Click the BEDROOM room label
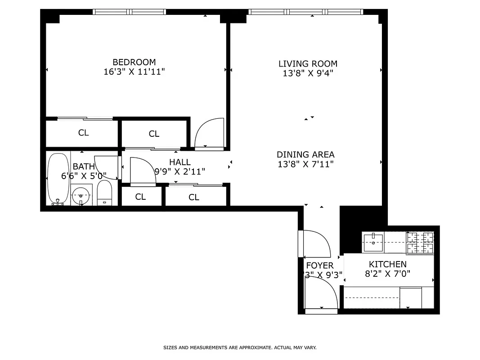pos(134,62)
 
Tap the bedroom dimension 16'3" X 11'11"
pos(134,72)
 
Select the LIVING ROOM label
pos(308,64)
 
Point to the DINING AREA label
pos(305,154)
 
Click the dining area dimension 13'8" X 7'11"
pos(305,164)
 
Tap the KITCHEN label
pos(387,264)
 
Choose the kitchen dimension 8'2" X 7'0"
pos(387,274)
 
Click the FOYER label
pos(319,265)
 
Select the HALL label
pos(179,162)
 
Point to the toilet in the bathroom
pos(104,193)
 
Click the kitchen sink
pos(373,243)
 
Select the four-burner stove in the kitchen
pos(420,243)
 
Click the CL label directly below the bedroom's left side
pos(83,133)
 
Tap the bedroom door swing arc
pos(210,133)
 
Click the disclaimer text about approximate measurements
pos(240,347)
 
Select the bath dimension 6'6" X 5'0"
pos(84,176)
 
